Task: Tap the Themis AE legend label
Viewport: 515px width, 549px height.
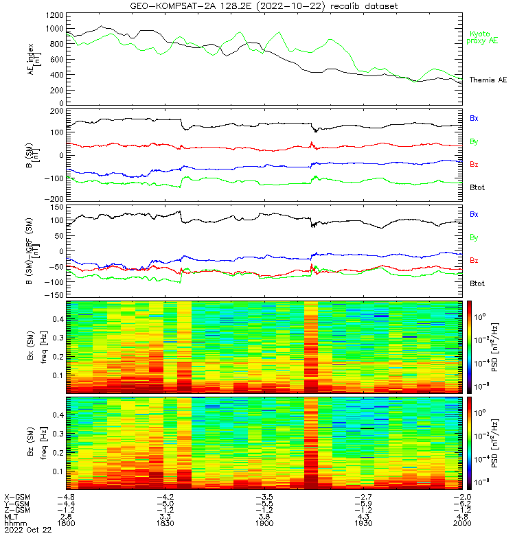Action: [x=488, y=80]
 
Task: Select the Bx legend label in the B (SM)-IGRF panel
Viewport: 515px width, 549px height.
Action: [x=474, y=214]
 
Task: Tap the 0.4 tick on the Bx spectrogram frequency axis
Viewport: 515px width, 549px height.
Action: [x=57, y=320]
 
